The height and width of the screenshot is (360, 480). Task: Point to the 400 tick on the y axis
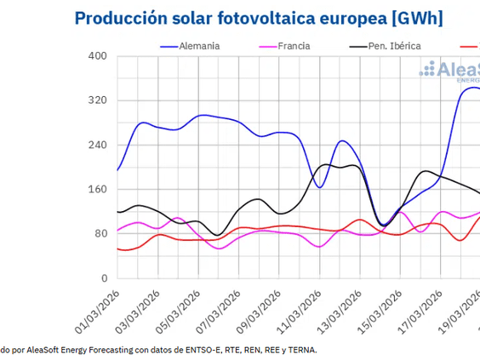pos(96,56)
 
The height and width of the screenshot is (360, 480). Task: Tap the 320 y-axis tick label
pos(96,100)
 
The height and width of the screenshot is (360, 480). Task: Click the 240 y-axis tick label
pos(96,145)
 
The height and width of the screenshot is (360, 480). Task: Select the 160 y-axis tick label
pos(96,189)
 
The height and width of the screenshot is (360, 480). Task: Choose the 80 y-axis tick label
pos(100,233)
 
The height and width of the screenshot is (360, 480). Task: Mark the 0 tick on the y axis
pos(103,278)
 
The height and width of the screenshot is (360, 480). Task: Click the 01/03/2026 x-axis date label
pos(96,311)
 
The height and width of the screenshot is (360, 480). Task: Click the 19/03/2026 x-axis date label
pos(460,311)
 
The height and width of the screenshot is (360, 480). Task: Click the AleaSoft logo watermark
pos(451,71)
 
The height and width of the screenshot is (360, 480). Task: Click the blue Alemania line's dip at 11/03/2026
pos(320,187)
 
